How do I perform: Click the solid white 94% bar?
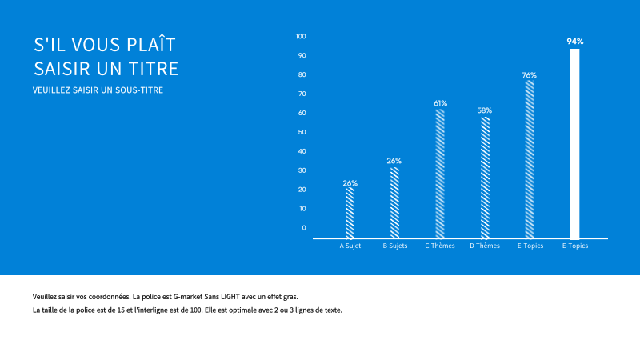click(x=574, y=144)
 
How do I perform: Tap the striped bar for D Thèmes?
click(x=485, y=178)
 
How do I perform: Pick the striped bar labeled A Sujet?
click(x=350, y=213)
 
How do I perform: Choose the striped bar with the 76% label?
click(x=530, y=159)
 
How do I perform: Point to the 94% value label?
click(x=574, y=41)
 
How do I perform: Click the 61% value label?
click(x=440, y=103)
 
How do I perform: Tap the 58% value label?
click(x=485, y=110)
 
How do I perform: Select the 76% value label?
click(x=530, y=75)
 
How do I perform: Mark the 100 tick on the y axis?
click(x=301, y=37)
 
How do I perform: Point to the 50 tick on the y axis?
click(x=302, y=132)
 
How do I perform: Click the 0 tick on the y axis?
click(x=304, y=227)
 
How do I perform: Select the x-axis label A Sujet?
click(x=350, y=246)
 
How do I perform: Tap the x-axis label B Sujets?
click(x=395, y=246)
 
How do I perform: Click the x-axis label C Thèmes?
click(x=440, y=246)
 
